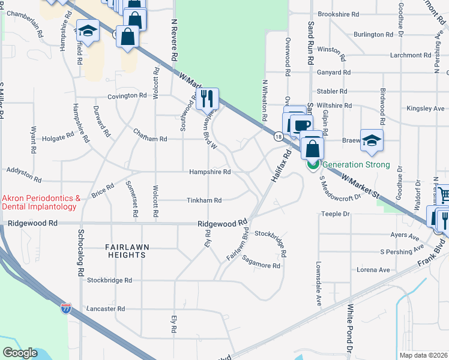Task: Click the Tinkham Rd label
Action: click(x=204, y=200)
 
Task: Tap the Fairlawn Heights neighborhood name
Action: click(x=125, y=251)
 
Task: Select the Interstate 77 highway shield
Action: click(x=65, y=309)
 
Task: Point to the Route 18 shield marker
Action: click(x=279, y=137)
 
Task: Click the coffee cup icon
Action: click(x=302, y=125)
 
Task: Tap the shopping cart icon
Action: click(x=443, y=194)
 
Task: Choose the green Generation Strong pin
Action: click(x=313, y=165)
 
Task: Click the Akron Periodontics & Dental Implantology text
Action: click(x=41, y=202)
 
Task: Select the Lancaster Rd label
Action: click(x=105, y=309)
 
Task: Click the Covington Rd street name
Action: click(x=127, y=96)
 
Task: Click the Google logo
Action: click(x=20, y=353)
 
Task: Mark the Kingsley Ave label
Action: click(x=426, y=109)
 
